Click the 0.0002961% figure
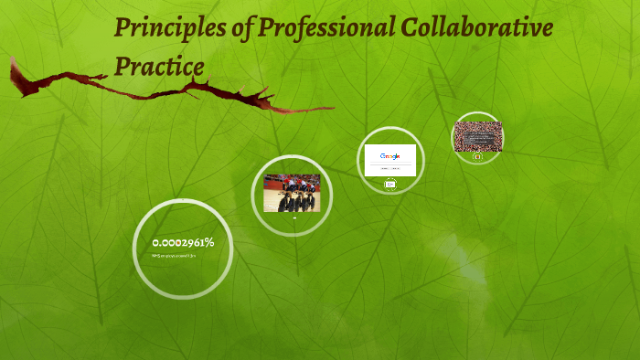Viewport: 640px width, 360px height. [183, 242]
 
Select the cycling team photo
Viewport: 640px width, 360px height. [292, 193]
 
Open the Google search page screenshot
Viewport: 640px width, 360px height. [390, 159]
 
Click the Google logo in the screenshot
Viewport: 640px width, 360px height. [390, 155]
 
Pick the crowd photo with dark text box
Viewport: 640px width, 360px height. [478, 136]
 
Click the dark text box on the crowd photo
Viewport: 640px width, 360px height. [478, 137]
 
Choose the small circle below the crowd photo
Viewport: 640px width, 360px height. [477, 156]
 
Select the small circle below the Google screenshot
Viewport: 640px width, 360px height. [390, 185]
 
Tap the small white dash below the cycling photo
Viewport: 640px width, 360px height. [293, 217]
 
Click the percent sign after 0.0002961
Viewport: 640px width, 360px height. [209, 242]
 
